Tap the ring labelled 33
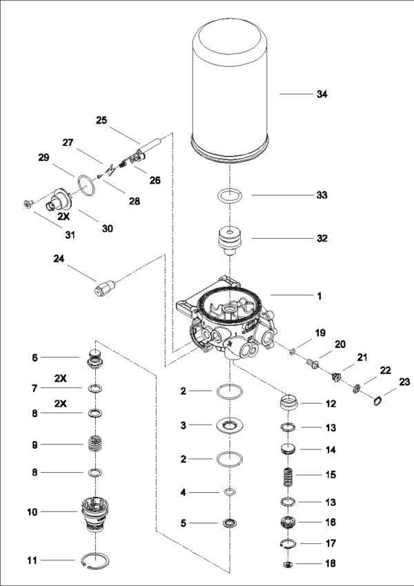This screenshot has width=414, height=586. (229, 196)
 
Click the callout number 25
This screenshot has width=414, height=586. (101, 119)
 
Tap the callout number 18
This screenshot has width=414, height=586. (330, 564)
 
